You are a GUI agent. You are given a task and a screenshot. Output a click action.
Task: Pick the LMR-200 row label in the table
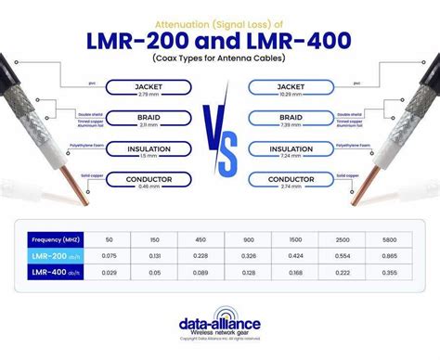click(x=58, y=254)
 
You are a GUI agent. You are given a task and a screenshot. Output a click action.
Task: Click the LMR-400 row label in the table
click(x=58, y=273)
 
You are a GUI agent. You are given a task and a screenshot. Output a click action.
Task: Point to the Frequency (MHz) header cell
click(x=57, y=238)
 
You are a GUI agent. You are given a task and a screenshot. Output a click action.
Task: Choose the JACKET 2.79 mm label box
click(x=149, y=88)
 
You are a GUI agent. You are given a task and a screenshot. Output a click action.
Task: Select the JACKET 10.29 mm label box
click(x=291, y=88)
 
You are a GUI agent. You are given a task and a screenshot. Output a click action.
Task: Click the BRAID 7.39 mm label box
click(x=291, y=119)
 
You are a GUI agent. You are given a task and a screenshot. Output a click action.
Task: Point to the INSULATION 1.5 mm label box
click(x=149, y=150)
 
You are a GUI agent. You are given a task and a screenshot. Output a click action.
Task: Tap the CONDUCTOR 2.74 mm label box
click(x=291, y=181)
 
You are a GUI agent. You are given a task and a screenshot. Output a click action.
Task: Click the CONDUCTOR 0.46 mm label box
click(x=149, y=181)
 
